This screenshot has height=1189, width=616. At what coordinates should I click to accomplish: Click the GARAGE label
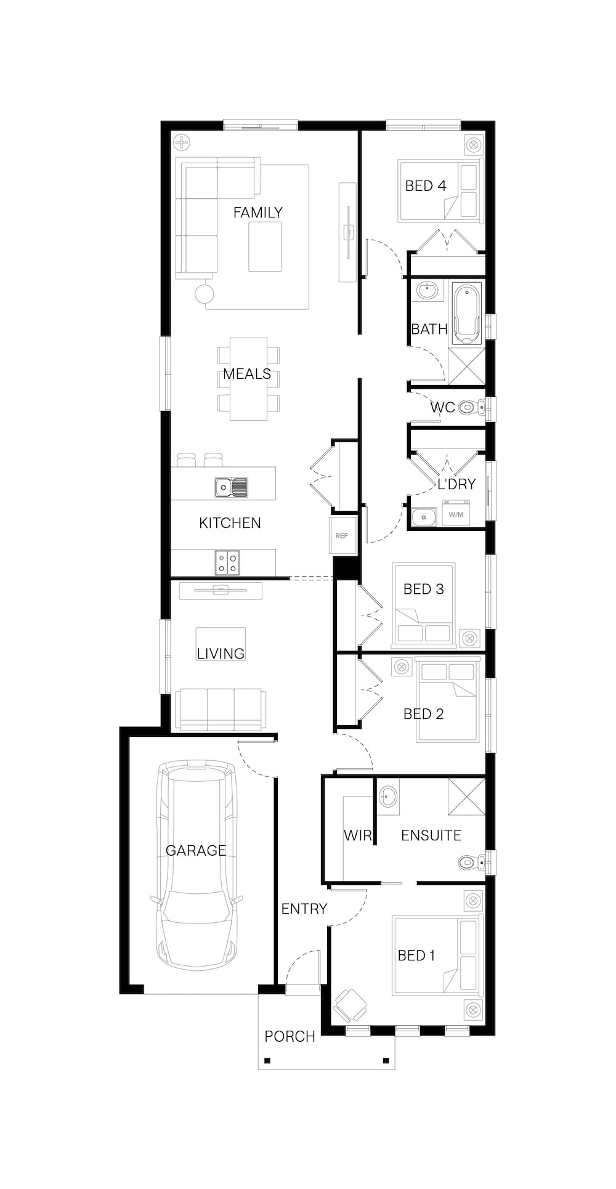click(x=195, y=850)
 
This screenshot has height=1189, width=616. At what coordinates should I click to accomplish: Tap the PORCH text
click(x=290, y=1036)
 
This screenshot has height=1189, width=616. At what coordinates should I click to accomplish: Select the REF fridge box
click(x=342, y=535)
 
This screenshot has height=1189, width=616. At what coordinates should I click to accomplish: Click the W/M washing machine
click(x=456, y=514)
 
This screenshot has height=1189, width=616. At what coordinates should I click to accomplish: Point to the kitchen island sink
click(x=231, y=487)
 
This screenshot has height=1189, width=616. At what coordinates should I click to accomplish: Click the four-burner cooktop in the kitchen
click(x=227, y=561)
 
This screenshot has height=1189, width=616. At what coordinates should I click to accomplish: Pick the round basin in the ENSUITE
click(x=387, y=796)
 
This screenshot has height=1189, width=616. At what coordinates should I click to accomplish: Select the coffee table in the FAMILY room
click(x=265, y=246)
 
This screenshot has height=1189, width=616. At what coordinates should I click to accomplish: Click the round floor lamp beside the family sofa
click(x=205, y=293)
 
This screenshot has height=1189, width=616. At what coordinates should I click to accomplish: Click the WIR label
click(x=358, y=835)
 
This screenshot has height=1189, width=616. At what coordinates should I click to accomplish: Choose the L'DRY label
click(x=456, y=484)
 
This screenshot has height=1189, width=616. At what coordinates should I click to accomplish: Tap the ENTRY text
click(x=304, y=909)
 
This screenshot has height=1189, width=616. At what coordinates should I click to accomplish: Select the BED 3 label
click(x=424, y=589)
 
